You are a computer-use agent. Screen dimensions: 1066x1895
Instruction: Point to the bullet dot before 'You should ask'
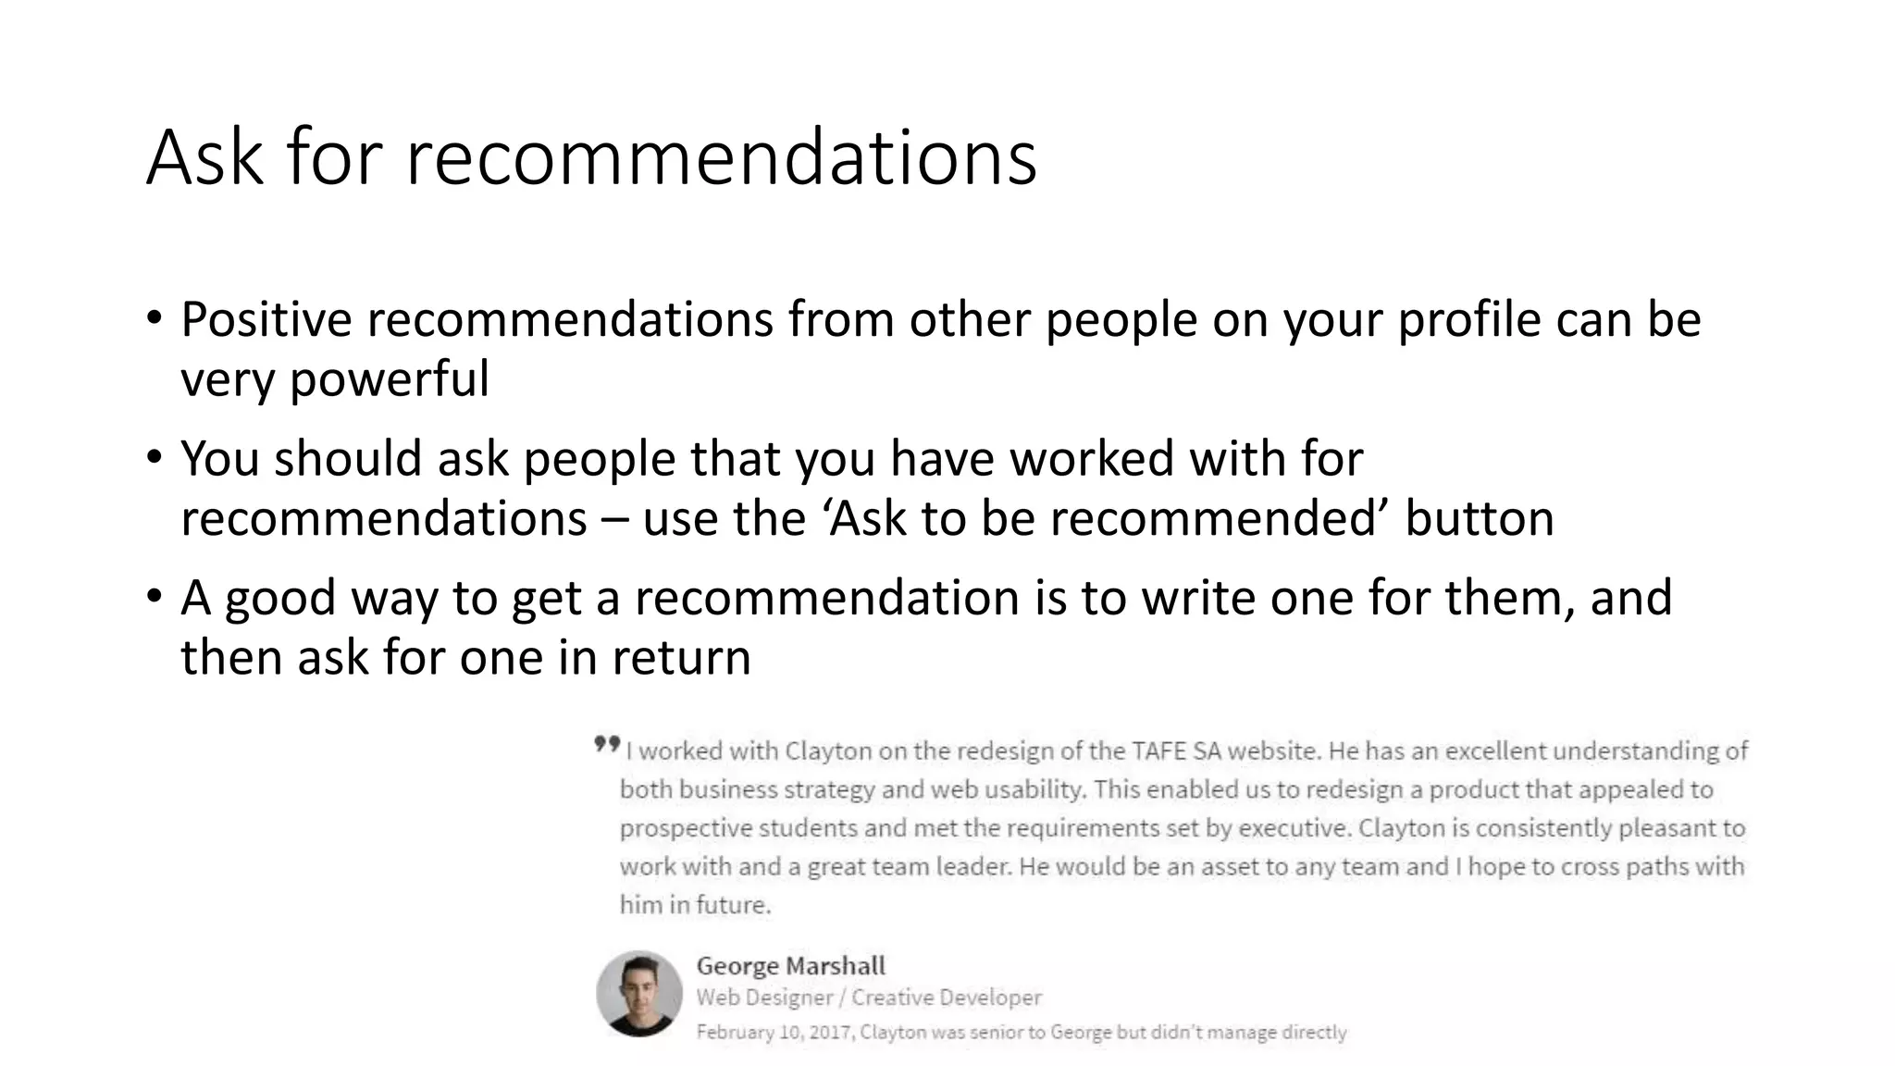[154, 457]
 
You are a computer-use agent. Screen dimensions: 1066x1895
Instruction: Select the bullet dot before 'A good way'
[154, 596]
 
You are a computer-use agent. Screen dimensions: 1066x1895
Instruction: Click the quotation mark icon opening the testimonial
[606, 744]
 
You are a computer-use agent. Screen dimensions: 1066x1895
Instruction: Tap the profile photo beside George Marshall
[639, 993]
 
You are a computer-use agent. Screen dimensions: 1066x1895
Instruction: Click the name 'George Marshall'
[790, 966]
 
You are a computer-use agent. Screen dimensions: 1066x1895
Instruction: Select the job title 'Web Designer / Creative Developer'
[868, 998]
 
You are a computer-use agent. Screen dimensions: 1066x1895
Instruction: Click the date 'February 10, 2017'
[774, 1032]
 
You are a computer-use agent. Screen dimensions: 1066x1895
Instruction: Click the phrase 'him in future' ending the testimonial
[694, 905]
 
